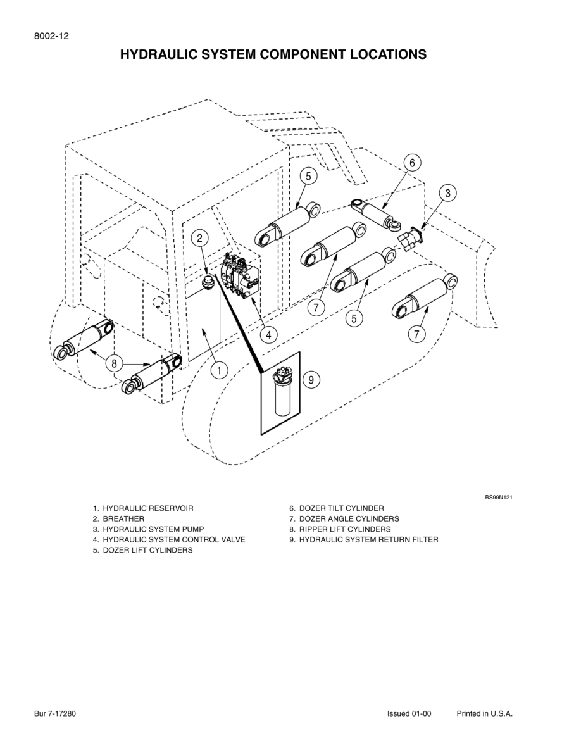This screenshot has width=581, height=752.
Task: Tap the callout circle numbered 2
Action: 199,238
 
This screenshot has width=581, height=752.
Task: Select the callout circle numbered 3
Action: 447,194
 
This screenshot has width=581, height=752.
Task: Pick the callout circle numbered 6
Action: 412,163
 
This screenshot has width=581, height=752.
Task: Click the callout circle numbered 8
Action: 114,363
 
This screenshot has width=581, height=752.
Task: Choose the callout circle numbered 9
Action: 311,380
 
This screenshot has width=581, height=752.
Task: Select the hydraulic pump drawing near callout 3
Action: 409,239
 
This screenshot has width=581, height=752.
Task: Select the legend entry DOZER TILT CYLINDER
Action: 341,508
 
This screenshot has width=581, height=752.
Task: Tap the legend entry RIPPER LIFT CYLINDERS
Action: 345,529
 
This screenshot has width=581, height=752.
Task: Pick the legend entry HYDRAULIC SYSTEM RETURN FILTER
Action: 368,540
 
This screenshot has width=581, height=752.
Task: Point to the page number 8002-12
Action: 51,36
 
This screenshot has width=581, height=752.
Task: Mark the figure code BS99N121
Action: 499,498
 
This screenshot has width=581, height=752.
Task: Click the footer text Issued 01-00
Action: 409,713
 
